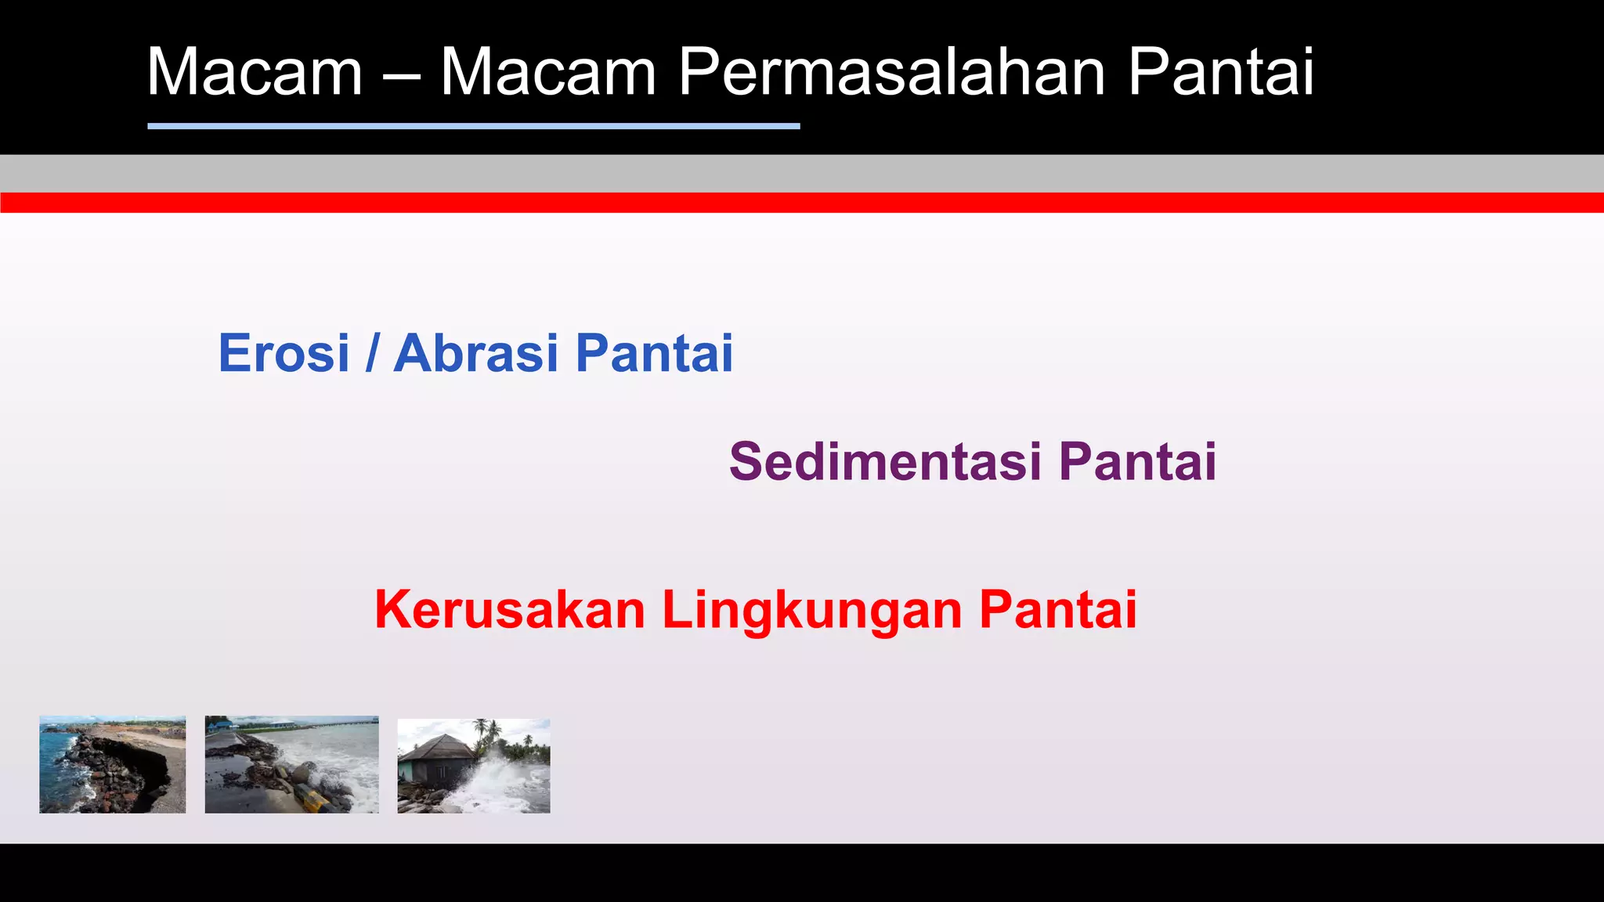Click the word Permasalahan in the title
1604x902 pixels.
[x=891, y=72]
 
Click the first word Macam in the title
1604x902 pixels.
[x=255, y=72]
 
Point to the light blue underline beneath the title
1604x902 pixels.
[x=473, y=125]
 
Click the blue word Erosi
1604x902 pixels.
[x=284, y=353]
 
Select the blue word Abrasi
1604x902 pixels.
[x=476, y=353]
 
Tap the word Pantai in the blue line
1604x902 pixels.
[x=654, y=353]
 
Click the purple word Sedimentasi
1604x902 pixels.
[x=885, y=461]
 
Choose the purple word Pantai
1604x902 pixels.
[x=1137, y=461]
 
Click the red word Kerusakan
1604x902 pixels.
[x=510, y=610]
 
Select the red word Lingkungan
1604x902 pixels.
[x=811, y=610]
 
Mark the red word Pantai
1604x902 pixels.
[x=1058, y=610]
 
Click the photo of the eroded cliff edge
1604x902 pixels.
[x=113, y=764]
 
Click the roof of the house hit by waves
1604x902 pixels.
[x=439, y=746]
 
